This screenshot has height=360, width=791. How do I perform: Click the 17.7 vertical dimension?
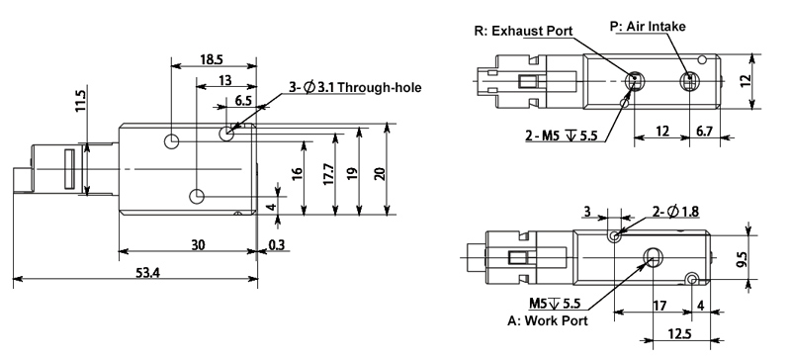(327, 175)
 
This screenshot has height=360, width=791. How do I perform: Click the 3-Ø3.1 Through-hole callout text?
(342, 88)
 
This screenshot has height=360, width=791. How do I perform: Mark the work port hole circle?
(653, 257)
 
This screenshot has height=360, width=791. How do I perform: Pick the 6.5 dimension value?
(242, 101)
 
